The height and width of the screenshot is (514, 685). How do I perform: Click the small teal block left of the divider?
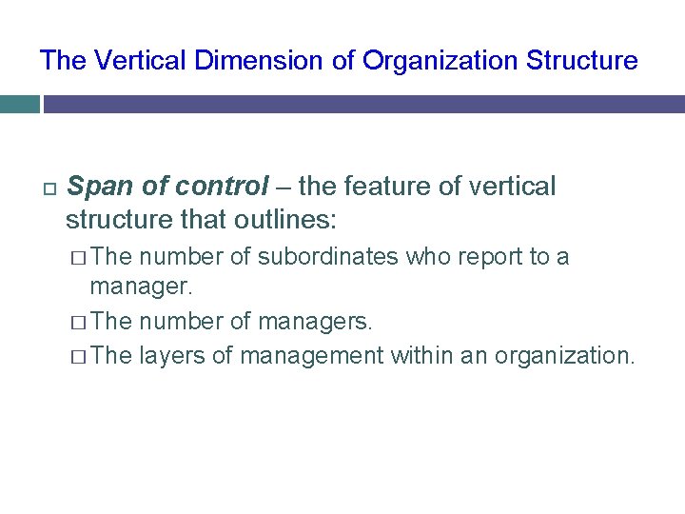[x=19, y=103]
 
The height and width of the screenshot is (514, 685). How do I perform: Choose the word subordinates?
[x=329, y=257]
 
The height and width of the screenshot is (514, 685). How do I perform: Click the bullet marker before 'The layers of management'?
[x=79, y=356]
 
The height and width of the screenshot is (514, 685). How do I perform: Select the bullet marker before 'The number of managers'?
[x=79, y=322]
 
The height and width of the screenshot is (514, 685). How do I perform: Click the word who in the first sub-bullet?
[x=424, y=257]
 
